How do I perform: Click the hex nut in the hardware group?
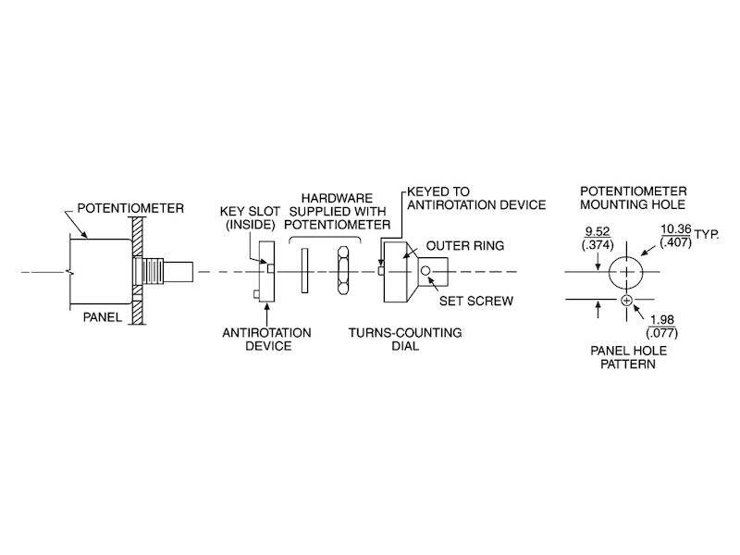click(x=343, y=270)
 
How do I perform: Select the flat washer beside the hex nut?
click(x=304, y=270)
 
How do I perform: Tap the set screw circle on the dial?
click(x=425, y=270)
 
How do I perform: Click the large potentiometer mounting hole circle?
click(x=626, y=272)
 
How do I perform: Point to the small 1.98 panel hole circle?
click(x=626, y=300)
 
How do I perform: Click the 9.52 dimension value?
click(x=598, y=232)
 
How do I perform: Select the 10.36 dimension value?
click(x=676, y=229)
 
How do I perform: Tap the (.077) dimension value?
click(x=661, y=333)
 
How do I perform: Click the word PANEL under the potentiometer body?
click(x=103, y=317)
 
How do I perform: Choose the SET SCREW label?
click(x=476, y=302)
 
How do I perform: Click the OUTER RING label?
click(x=465, y=246)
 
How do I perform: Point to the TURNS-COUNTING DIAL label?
click(x=405, y=339)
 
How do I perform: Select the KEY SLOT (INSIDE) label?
click(x=250, y=218)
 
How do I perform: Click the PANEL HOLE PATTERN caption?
click(x=628, y=357)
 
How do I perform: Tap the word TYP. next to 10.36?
click(x=707, y=234)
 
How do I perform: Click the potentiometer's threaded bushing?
click(x=153, y=271)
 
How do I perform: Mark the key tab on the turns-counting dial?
click(x=380, y=271)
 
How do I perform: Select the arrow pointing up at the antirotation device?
click(x=267, y=314)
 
